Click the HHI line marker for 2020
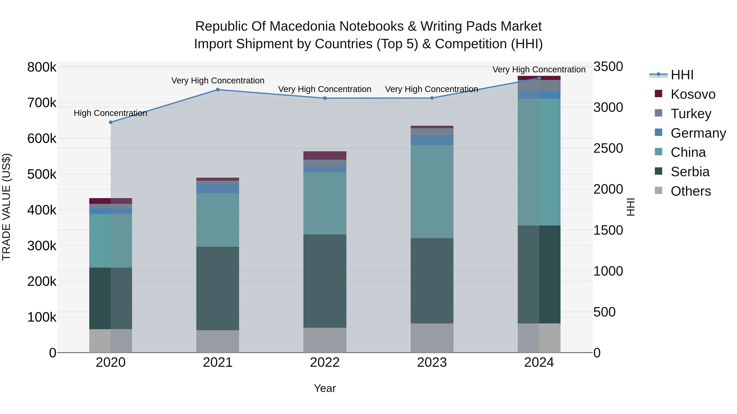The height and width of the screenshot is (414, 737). (111, 122)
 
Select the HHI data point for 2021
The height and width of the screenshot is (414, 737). (218, 90)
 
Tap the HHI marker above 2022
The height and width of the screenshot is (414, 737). (325, 98)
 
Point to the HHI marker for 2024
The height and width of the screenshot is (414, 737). (539, 78)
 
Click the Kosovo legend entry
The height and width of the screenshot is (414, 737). (693, 94)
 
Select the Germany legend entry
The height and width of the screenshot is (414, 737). (698, 133)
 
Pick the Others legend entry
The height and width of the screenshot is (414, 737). (690, 191)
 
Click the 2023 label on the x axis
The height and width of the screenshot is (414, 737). (432, 362)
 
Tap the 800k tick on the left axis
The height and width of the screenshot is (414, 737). (42, 67)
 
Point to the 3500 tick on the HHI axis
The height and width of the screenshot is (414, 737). (608, 67)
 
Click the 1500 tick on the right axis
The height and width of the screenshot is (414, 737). (608, 230)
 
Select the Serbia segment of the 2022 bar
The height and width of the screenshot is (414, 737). (325, 281)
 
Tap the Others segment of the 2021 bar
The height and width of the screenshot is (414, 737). (218, 341)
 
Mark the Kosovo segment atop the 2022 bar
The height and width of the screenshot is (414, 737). (325, 155)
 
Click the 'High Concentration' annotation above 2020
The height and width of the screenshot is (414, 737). (110, 113)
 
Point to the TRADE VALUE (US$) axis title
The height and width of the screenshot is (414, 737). (6, 207)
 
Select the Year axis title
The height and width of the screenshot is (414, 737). (325, 388)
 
